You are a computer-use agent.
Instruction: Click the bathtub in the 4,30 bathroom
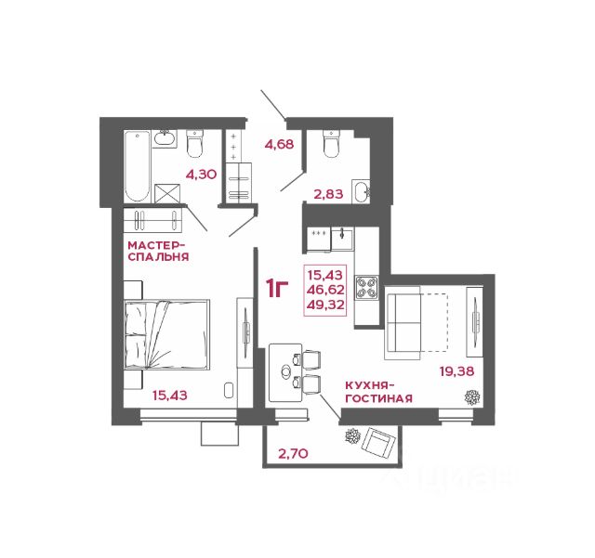(x=138, y=166)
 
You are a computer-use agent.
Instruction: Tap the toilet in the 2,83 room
(x=331, y=144)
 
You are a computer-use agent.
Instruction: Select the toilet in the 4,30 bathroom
(x=195, y=144)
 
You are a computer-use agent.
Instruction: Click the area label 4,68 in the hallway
(x=279, y=145)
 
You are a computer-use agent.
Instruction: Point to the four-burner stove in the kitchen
(x=366, y=287)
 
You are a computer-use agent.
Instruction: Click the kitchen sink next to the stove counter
(x=342, y=239)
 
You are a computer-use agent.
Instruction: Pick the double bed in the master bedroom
(x=167, y=334)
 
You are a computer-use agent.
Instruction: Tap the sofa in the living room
(x=403, y=323)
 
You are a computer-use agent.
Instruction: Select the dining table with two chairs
(x=295, y=372)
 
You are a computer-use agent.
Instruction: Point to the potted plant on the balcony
(x=352, y=436)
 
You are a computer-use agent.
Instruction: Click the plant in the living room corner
(x=472, y=397)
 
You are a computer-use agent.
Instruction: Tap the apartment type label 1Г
(x=277, y=289)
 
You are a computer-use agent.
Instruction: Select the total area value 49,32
(x=325, y=305)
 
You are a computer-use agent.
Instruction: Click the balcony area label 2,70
(x=293, y=453)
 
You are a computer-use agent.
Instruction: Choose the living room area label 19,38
(x=456, y=371)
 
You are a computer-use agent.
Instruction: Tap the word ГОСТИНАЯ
(x=378, y=398)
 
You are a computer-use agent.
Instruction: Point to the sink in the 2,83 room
(x=362, y=191)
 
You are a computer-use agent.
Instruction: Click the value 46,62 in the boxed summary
(x=325, y=290)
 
